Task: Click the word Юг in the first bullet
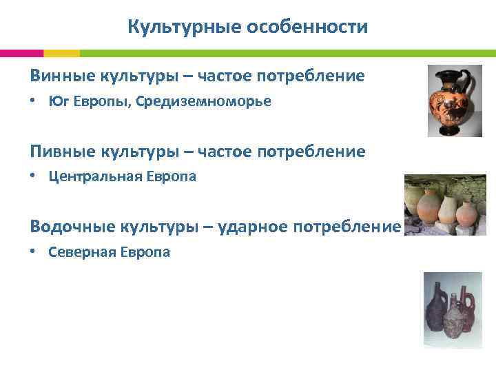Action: click(58, 102)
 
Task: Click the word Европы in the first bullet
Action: click(101, 102)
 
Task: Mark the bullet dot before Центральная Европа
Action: click(34, 177)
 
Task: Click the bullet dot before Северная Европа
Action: click(34, 252)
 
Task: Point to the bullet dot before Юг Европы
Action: click(34, 102)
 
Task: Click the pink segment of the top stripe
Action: click(21, 53)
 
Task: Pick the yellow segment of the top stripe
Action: click(61, 53)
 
